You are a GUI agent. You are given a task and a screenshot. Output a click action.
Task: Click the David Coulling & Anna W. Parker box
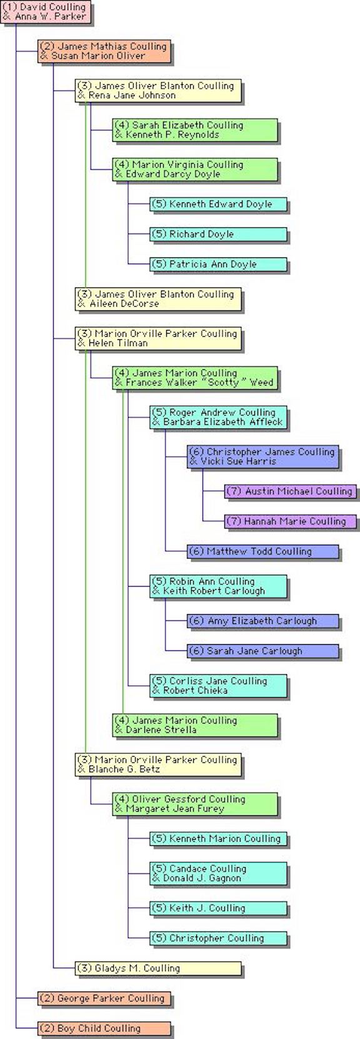tap(46, 12)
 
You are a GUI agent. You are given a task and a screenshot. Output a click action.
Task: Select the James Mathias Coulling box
tap(104, 51)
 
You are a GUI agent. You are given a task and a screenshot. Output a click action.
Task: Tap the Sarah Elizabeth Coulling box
tap(195, 130)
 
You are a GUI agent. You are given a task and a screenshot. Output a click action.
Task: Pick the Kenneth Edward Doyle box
tap(218, 204)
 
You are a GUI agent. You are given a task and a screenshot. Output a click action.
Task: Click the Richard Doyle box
tap(218, 234)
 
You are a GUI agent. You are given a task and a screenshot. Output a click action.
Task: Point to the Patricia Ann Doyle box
tap(218, 264)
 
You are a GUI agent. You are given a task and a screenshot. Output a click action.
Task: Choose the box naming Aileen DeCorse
tap(158, 299)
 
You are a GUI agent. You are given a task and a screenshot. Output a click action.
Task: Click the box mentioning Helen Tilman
tap(158, 339)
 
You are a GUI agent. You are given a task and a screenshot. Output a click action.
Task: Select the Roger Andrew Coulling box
tap(218, 417)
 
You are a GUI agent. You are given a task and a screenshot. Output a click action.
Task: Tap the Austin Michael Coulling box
tap(291, 491)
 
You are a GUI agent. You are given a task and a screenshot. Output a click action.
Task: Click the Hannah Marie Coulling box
tap(291, 521)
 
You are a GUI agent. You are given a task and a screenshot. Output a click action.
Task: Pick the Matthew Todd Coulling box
tap(263, 552)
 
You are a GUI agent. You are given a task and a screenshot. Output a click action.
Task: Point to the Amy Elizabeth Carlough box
tap(263, 621)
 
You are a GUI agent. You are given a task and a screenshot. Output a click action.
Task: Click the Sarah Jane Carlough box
tap(263, 651)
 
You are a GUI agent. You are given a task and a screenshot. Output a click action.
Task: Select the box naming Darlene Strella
tap(195, 725)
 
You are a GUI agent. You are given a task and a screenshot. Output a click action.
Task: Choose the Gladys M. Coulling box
tap(158, 968)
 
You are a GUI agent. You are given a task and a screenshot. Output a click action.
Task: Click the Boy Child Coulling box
tap(104, 1029)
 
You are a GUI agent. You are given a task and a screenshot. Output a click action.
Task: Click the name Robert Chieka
tap(195, 690)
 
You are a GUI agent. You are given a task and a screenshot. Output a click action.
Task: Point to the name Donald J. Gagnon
tap(202, 878)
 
